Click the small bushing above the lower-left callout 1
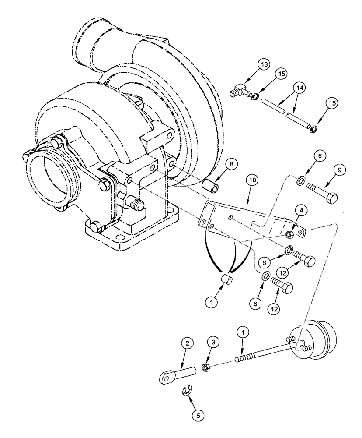point(226,279)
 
